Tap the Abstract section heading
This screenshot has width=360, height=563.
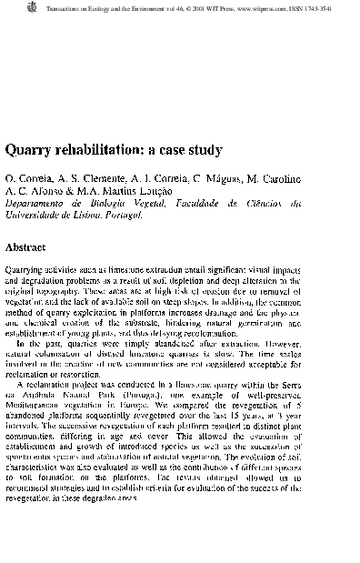click(x=34, y=246)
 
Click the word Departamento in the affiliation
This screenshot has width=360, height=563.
click(x=35, y=206)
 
